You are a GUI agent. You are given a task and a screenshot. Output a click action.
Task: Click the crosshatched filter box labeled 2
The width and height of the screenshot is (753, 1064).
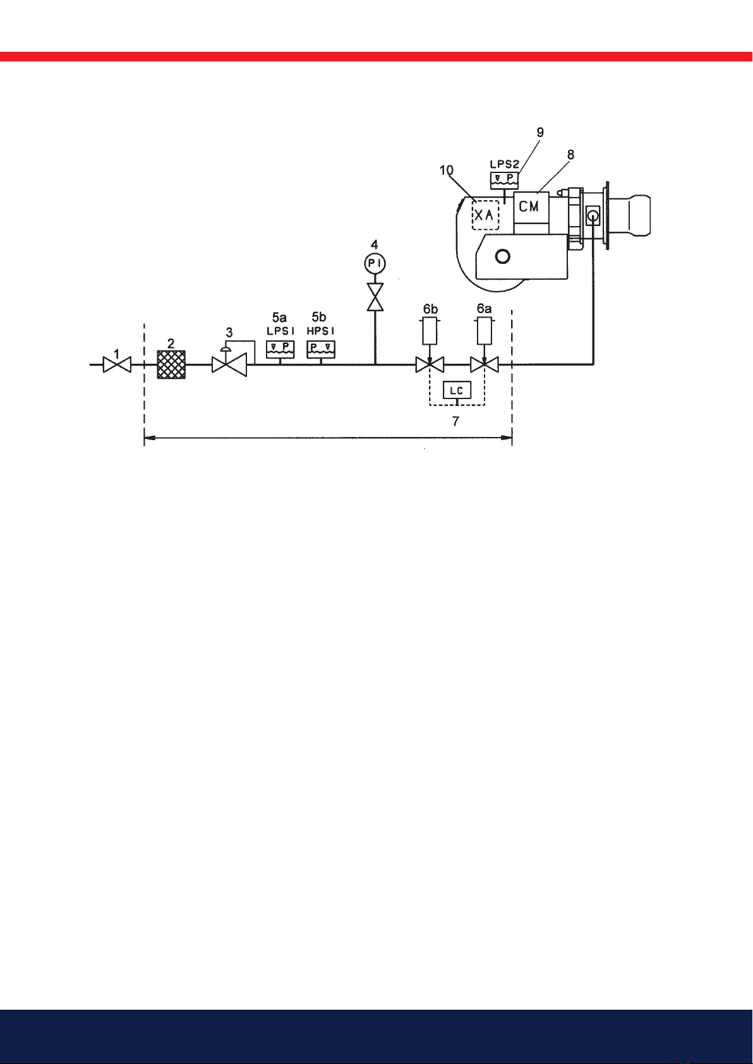click(x=171, y=364)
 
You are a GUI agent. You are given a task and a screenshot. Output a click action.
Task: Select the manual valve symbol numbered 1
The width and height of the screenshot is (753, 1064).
click(x=117, y=365)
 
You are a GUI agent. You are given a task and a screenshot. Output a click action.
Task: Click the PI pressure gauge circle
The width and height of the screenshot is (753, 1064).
click(x=375, y=263)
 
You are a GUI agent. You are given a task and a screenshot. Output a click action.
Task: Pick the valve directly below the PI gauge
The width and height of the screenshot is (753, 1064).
click(x=375, y=297)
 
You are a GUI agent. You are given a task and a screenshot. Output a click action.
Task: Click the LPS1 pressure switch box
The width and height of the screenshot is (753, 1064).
click(x=280, y=349)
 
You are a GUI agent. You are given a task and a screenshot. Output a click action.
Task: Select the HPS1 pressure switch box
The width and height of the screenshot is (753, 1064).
click(x=321, y=349)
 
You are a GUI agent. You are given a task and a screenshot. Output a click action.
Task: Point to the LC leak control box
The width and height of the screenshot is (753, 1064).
click(x=457, y=390)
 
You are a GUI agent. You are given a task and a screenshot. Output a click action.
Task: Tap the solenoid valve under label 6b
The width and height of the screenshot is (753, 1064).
click(x=430, y=365)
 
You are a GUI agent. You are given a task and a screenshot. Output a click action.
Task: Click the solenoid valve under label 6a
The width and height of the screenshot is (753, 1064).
click(x=484, y=365)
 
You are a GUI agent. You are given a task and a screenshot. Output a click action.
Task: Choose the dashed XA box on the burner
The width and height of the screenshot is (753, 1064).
click(x=485, y=215)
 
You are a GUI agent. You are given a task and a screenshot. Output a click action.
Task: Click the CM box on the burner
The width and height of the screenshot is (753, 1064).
click(x=531, y=207)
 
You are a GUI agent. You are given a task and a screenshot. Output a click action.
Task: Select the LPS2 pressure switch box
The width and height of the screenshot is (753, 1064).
click(x=504, y=179)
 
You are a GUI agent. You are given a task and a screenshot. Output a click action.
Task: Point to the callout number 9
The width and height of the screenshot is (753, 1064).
click(x=540, y=133)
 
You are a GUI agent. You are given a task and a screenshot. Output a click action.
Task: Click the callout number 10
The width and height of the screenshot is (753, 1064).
click(x=446, y=170)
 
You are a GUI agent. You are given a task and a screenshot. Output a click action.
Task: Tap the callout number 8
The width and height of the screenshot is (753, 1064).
click(x=570, y=154)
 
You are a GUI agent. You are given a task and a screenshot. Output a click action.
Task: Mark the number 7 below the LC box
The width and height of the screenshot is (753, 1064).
click(x=455, y=421)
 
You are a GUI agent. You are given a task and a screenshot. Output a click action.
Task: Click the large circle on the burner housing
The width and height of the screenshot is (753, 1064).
click(x=503, y=256)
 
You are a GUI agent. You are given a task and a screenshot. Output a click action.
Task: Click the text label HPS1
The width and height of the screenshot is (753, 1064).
click(x=321, y=332)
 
